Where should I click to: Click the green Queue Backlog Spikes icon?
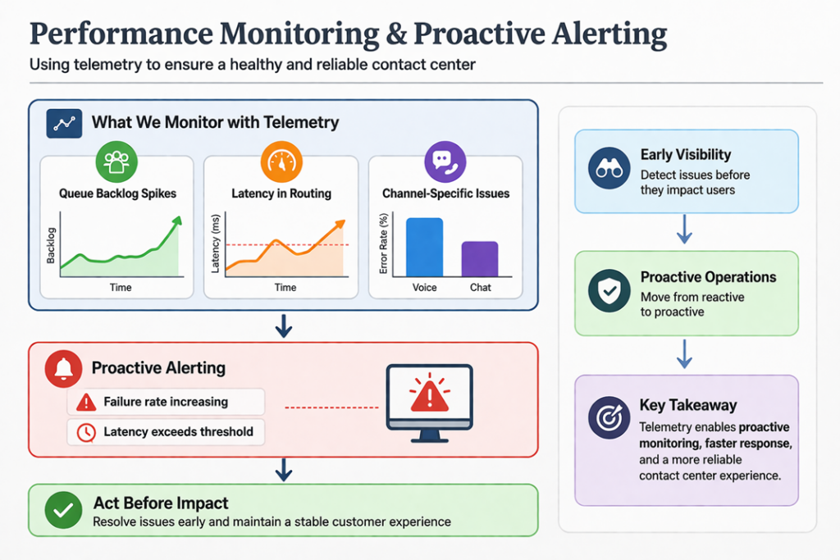(x=116, y=162)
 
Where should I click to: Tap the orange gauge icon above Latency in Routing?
(x=281, y=162)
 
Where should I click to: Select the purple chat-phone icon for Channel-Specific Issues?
(x=445, y=162)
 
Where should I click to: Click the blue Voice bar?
(x=424, y=248)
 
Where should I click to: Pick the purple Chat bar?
(x=480, y=259)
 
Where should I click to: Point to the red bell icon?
(x=62, y=368)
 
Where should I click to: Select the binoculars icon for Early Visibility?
(x=609, y=167)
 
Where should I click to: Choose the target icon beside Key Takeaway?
(x=609, y=418)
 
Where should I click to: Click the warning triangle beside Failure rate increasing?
(x=86, y=403)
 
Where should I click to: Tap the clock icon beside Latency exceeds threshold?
(x=86, y=432)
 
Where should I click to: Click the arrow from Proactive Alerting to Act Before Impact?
(x=283, y=470)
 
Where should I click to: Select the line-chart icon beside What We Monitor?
(x=62, y=124)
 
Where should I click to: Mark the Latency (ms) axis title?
(x=217, y=244)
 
